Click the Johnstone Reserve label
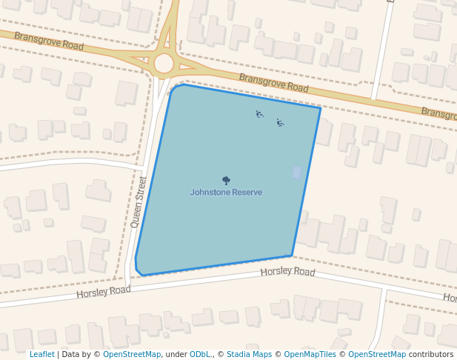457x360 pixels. [x=226, y=193]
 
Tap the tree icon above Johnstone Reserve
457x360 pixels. [x=226, y=180]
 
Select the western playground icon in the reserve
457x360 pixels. [x=259, y=114]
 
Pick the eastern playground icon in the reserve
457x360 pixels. [x=280, y=122]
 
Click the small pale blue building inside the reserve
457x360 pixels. [x=297, y=173]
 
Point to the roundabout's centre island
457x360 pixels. [x=164, y=64]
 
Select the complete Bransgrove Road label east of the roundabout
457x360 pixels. [x=273, y=82]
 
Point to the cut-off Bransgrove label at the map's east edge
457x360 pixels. [x=438, y=113]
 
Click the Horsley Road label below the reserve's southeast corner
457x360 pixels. [x=287, y=272]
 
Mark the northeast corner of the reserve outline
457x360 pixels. [x=320, y=109]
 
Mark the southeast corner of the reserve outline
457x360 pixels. [x=293, y=256]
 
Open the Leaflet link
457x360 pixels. [x=41, y=355]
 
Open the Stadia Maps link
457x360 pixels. [x=249, y=355]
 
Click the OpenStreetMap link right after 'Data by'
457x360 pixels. [x=132, y=355]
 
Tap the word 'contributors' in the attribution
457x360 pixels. [x=431, y=355]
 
